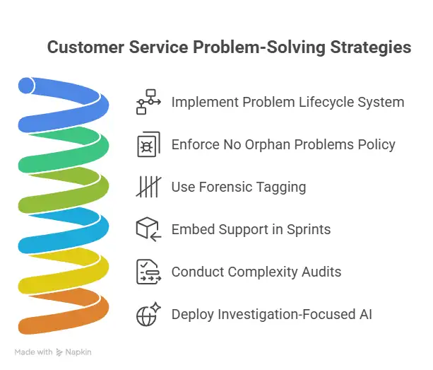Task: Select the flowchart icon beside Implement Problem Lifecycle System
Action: [149, 102]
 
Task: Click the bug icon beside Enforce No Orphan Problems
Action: [149, 144]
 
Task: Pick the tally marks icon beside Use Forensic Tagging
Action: [149, 187]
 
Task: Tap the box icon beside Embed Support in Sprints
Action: [149, 229]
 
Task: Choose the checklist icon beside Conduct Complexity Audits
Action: [149, 272]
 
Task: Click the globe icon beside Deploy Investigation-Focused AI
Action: [149, 314]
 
